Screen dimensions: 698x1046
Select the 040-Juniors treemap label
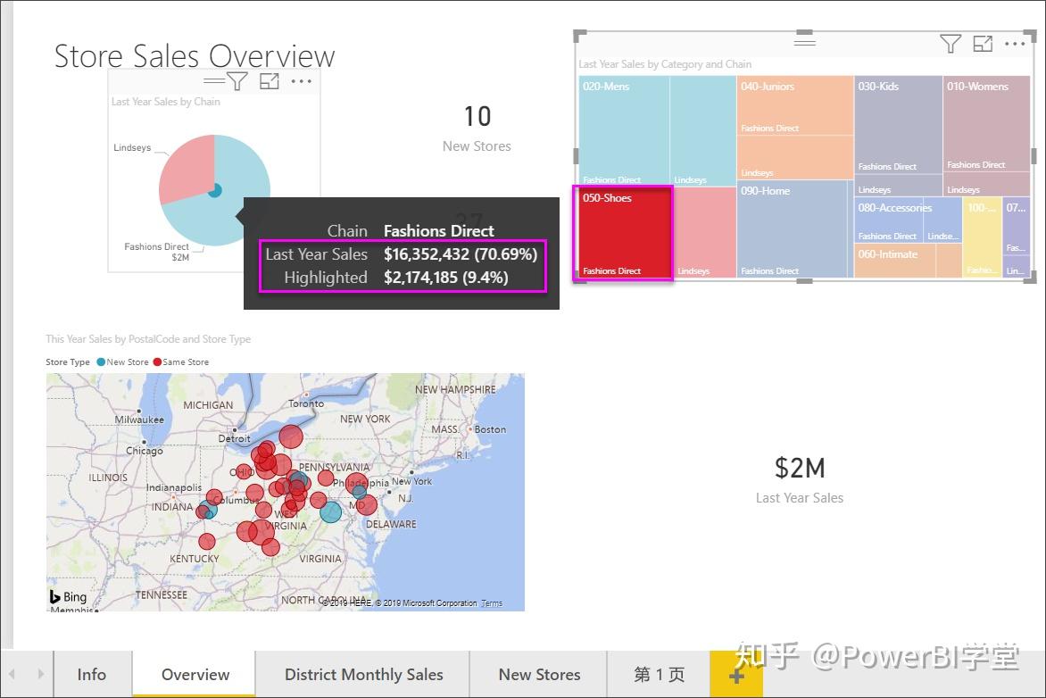pos(767,87)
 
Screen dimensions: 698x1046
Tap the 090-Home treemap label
pos(765,191)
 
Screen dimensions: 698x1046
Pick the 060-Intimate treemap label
pos(887,254)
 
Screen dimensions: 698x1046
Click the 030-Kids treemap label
pos(878,87)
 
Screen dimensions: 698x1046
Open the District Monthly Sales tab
pos(363,675)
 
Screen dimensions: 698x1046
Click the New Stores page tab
pos(539,675)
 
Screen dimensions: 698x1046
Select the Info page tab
pos(92,675)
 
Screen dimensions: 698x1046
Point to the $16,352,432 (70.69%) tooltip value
pos(461,254)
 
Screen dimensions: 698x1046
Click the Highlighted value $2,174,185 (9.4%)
pos(446,278)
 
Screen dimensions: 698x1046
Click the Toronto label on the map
pos(306,403)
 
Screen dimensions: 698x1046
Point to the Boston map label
pos(490,429)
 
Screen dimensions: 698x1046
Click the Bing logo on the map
pos(68,597)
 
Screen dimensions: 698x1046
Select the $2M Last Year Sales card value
pos(800,468)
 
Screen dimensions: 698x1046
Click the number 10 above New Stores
pos(477,116)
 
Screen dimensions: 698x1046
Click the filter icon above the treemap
pos(950,43)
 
